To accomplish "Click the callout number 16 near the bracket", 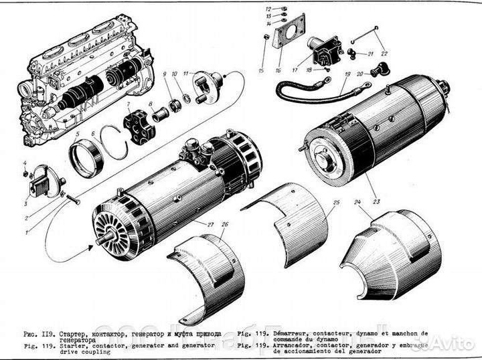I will point(278,69).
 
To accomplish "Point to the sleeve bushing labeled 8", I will point(161,116).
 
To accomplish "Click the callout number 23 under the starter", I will point(375,200).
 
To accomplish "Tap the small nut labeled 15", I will point(266,37).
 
